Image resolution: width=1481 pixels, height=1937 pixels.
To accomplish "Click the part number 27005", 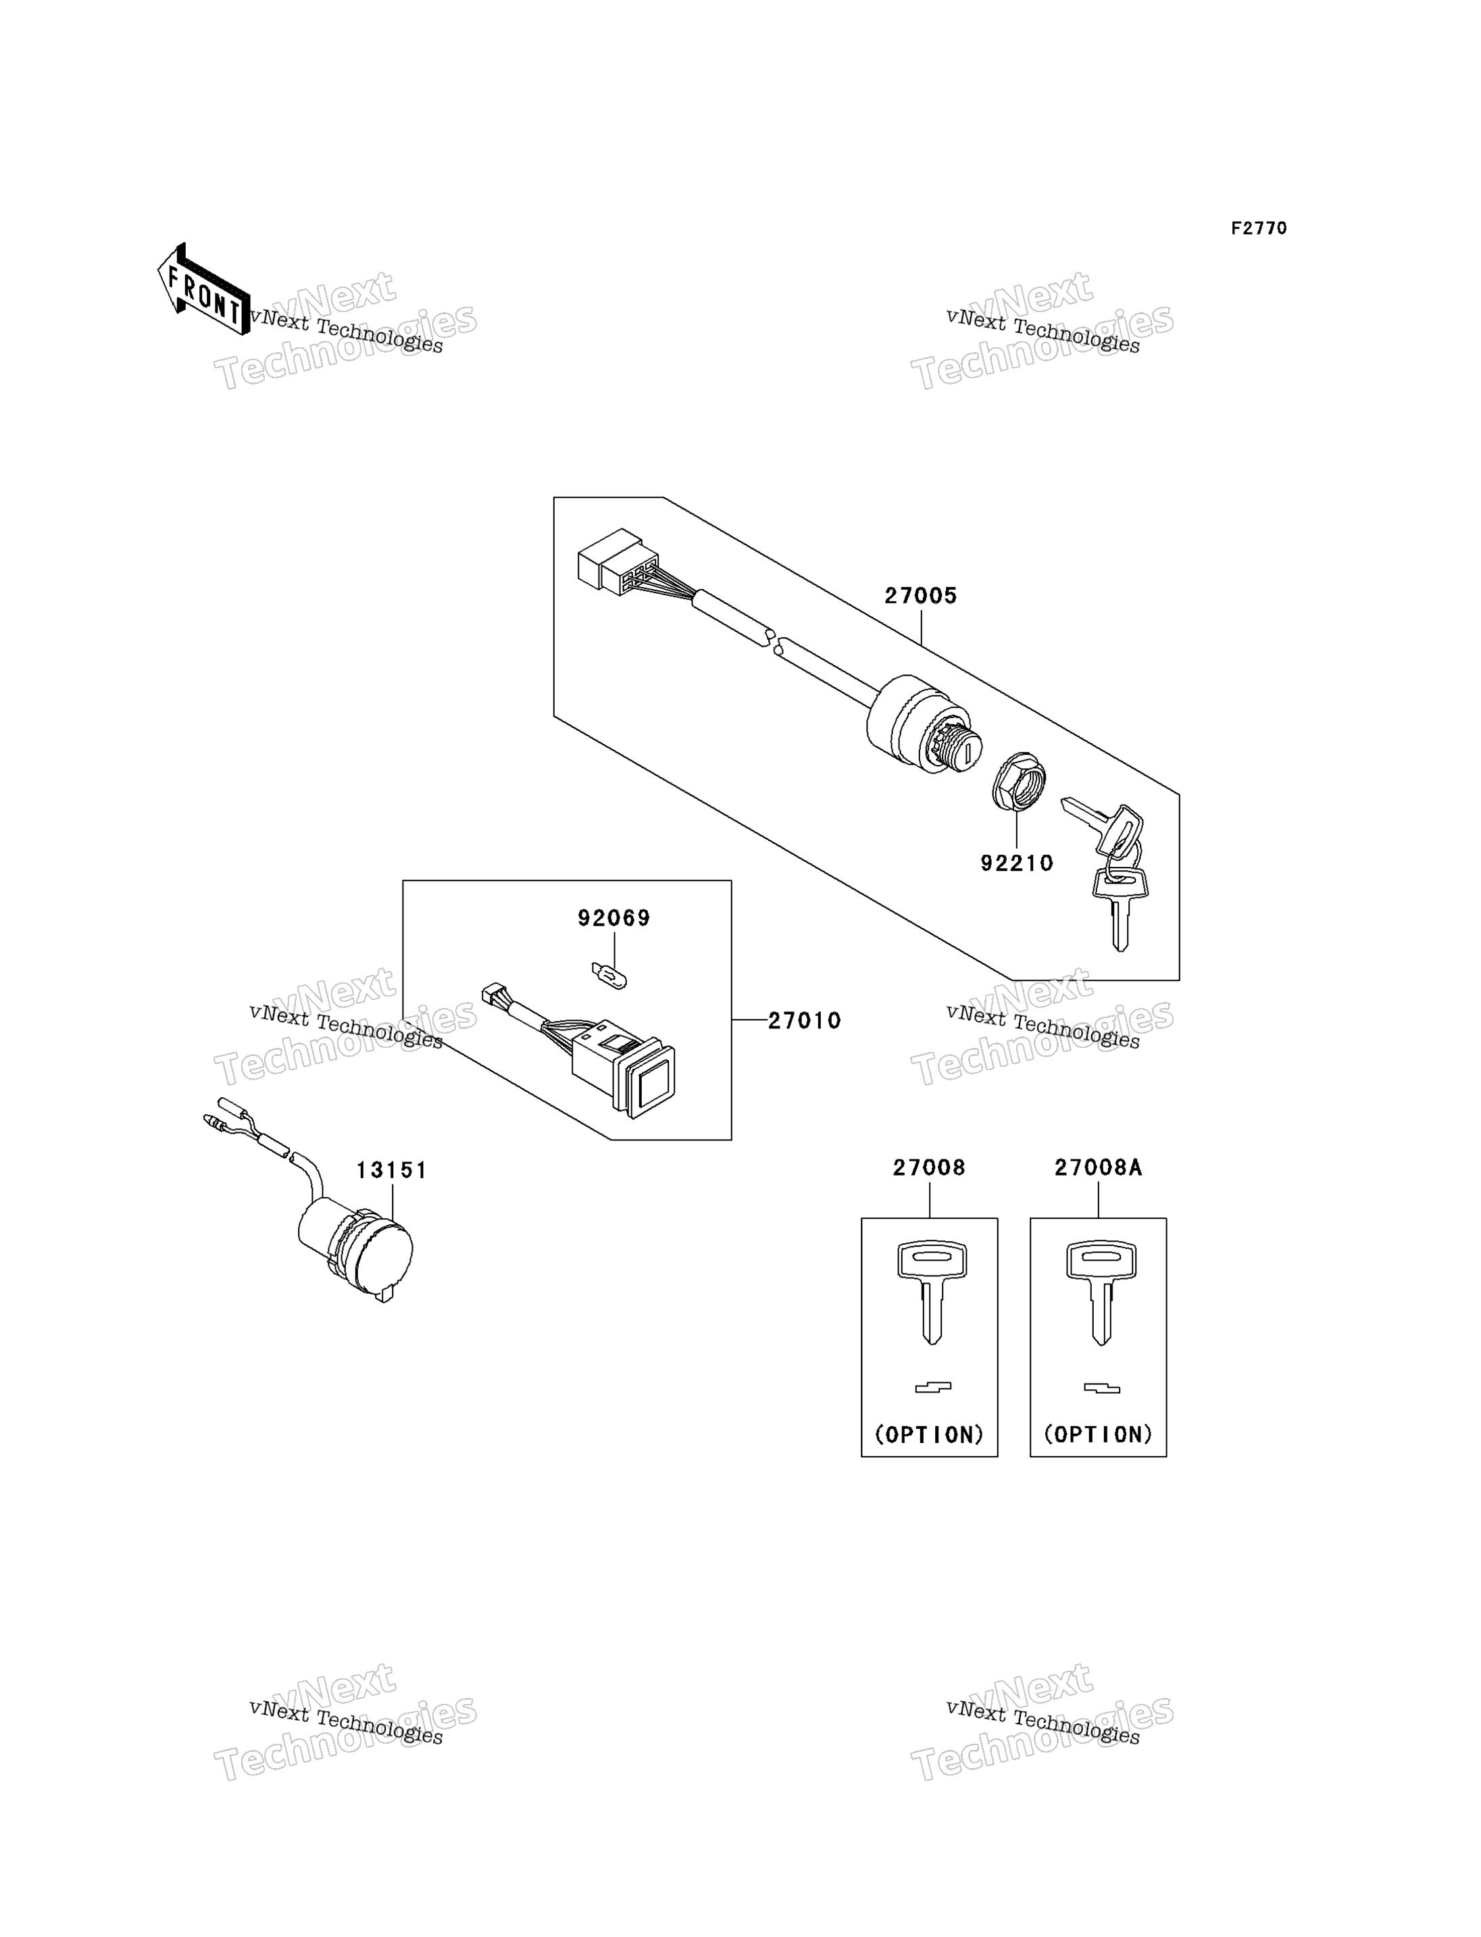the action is point(920,596).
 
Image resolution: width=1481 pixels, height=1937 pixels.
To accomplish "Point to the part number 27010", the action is point(804,1020).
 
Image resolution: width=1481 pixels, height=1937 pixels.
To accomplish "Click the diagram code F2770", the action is point(1259,228).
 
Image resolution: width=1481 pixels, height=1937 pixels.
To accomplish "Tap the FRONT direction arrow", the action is point(203,288).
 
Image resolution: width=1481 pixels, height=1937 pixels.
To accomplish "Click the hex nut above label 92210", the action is point(1019,781).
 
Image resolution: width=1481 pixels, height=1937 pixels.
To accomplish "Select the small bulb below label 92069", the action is point(609,976).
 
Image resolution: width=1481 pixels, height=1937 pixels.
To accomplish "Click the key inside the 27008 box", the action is point(932,1292).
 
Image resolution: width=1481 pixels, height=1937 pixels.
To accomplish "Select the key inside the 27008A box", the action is point(1101,1292).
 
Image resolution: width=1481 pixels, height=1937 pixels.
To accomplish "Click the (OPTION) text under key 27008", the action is point(929,1434).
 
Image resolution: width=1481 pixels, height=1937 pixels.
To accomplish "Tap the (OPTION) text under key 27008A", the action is point(1099,1434).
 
